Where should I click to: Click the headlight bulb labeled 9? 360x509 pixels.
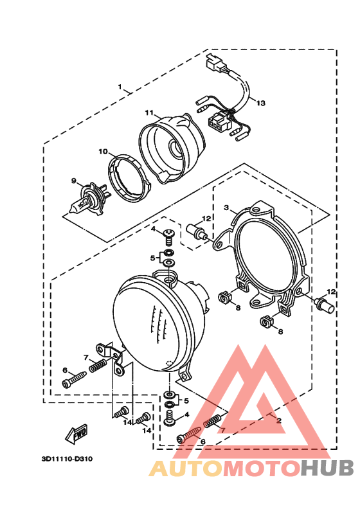coord(88,199)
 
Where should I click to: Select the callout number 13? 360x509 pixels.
coord(260,103)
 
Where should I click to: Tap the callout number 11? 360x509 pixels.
coord(149,112)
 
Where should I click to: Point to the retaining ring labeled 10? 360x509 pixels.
coord(129,177)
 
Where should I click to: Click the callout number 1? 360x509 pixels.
coord(120,87)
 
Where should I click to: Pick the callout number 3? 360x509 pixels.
coord(226,208)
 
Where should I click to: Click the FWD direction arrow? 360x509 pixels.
coord(76,434)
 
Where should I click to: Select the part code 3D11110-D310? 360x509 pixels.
coord(67,459)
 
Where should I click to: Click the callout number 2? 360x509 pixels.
coord(278,421)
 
